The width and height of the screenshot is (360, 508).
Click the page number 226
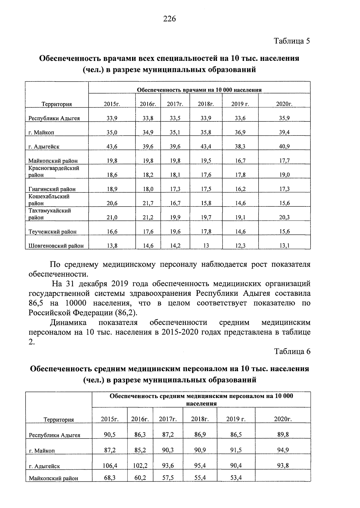pyautogui.click(x=169, y=19)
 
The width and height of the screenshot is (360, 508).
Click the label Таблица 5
pyautogui.click(x=292, y=41)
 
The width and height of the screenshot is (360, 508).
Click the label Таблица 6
pyautogui.click(x=292, y=351)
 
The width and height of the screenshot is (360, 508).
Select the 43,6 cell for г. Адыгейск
pyautogui.click(x=112, y=147)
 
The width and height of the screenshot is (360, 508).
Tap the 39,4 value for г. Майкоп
pyautogui.click(x=284, y=132)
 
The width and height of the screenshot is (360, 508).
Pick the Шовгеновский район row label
pyautogui.click(x=56, y=246)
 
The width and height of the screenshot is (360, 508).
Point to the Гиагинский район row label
pyautogui.click(x=52, y=189)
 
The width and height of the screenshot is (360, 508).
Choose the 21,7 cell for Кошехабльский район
pyautogui.click(x=148, y=203)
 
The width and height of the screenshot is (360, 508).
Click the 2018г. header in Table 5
pyautogui.click(x=206, y=104)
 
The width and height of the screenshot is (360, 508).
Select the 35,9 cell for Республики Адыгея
pyautogui.click(x=284, y=118)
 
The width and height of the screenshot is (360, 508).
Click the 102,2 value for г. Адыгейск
pyautogui.click(x=140, y=466)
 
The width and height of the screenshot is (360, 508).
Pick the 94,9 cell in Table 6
pyautogui.click(x=283, y=450)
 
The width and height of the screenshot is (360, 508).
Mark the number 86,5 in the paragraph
pyautogui.click(x=36, y=303)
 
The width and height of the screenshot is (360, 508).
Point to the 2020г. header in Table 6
pyautogui.click(x=283, y=419)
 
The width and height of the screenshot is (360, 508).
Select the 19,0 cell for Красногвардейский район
pyautogui.click(x=284, y=175)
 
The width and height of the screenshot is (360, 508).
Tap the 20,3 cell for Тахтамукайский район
pyautogui.click(x=284, y=218)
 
